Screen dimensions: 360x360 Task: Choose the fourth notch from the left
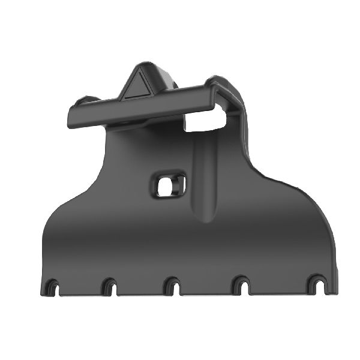point(241,287)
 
